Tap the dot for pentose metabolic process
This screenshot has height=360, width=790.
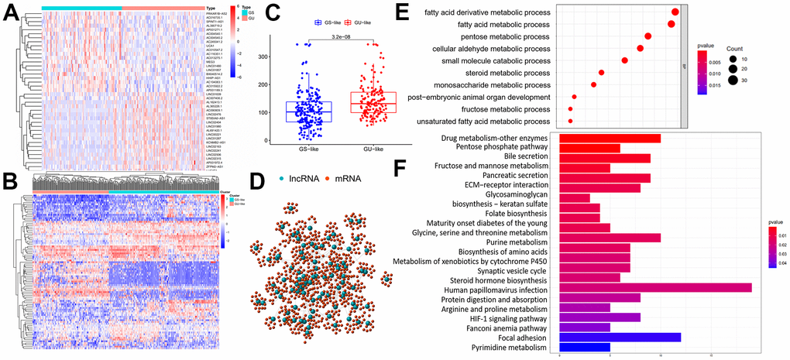click(648, 36)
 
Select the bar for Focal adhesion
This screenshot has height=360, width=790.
click(620, 337)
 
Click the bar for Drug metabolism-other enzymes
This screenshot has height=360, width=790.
click(610, 138)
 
